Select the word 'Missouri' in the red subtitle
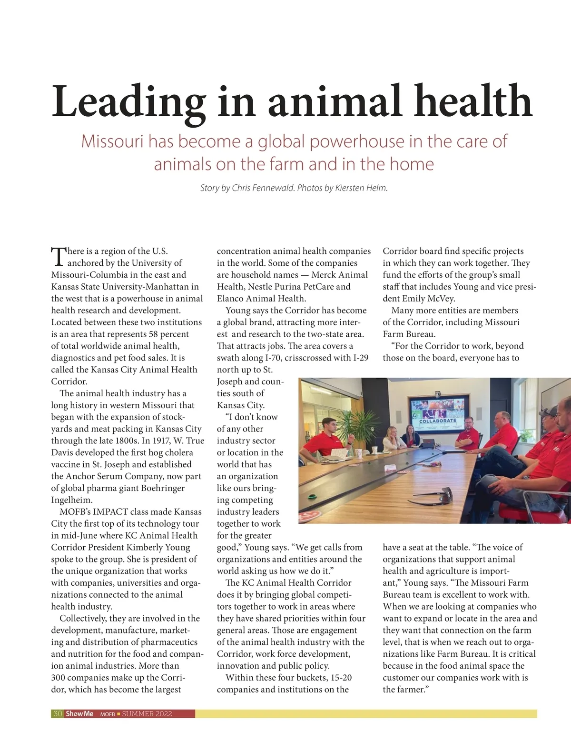click(x=113, y=141)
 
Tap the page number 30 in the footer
click(x=58, y=713)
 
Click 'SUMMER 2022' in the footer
click(x=147, y=713)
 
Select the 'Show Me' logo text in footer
click(x=79, y=713)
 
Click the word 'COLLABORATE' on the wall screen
click(x=438, y=421)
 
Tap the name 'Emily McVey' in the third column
click(x=426, y=299)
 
